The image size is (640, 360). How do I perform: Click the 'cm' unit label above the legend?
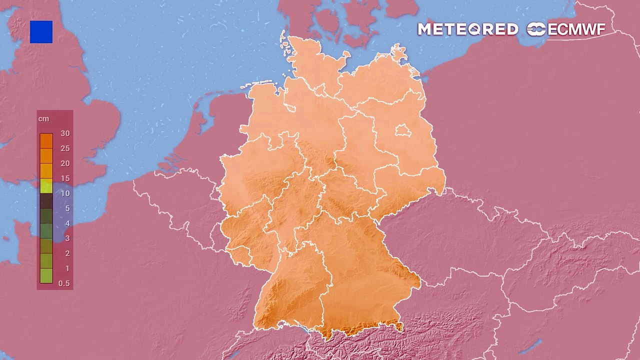(43, 119)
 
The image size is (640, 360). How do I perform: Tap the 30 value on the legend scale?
(65, 133)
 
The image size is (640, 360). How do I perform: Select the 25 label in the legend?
(65, 148)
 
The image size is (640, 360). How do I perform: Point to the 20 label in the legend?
(65, 163)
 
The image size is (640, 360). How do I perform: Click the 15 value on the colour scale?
(65, 178)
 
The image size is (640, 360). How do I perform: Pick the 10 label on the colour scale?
(65, 193)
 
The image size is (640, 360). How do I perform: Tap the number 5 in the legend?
(67, 208)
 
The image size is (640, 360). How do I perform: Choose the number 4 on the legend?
(67, 223)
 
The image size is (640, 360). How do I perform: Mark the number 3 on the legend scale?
(67, 238)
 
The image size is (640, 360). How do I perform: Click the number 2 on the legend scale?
(67, 253)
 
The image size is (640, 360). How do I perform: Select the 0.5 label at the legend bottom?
(64, 283)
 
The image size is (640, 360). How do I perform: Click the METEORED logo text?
(467, 29)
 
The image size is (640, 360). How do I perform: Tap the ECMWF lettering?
(576, 29)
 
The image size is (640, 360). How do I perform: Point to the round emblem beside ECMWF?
(536, 29)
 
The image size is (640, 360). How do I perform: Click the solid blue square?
(41, 32)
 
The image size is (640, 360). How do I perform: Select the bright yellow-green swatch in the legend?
(46, 186)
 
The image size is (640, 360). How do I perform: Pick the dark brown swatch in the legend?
(46, 201)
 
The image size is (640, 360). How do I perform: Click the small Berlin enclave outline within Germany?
(403, 131)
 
